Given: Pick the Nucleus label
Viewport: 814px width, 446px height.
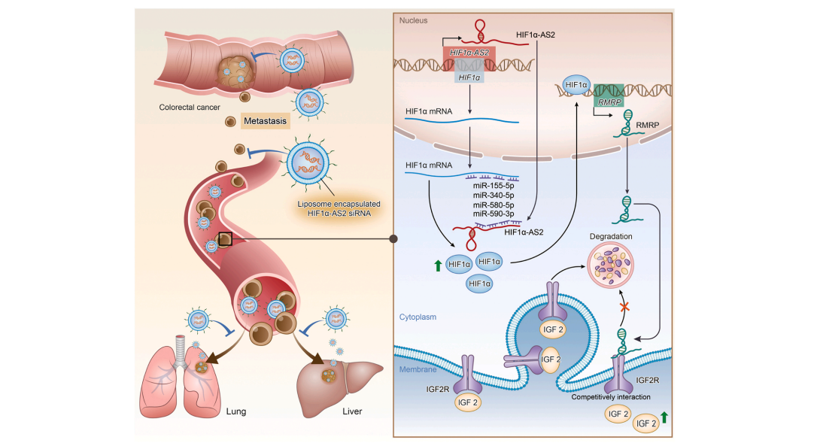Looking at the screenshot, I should click(x=415, y=21).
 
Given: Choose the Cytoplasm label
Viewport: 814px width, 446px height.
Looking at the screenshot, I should click(x=418, y=317).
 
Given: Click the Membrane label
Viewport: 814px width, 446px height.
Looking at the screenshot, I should click(x=418, y=368).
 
